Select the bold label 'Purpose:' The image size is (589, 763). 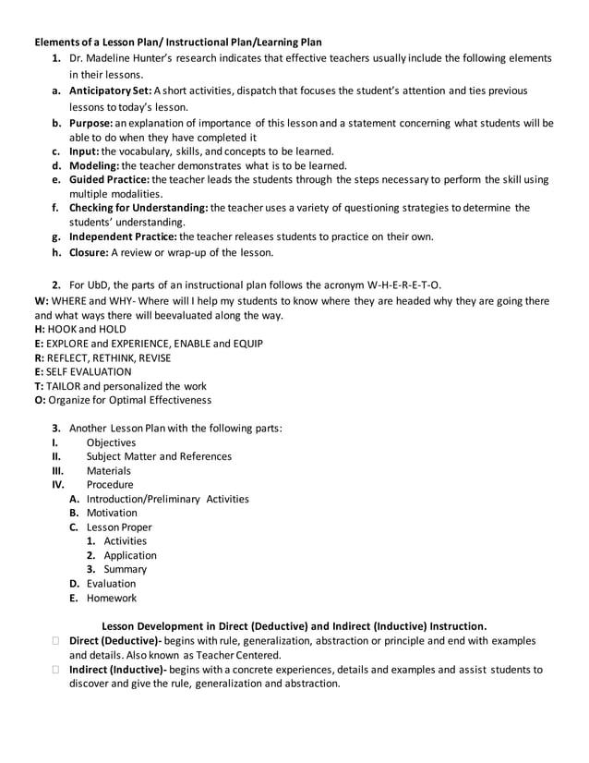92,122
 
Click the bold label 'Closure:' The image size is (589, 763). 90,251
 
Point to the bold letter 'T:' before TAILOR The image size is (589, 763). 39,386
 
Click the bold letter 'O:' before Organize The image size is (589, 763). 40,400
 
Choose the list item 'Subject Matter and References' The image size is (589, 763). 159,456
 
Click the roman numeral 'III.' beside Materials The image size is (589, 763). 58,470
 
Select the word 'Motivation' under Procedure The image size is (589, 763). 112,513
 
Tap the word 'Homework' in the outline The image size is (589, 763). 111,598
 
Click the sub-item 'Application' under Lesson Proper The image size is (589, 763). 130,555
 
